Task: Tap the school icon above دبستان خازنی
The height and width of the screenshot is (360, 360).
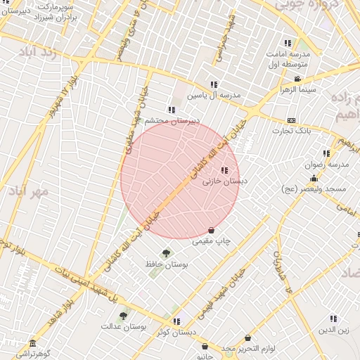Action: (x=224, y=170)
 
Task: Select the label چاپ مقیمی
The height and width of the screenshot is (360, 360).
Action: (x=212, y=241)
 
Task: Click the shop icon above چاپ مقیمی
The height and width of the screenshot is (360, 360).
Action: (x=212, y=231)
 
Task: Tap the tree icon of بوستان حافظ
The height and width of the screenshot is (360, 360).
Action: (x=166, y=253)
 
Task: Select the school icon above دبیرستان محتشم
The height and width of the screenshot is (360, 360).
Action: (x=172, y=109)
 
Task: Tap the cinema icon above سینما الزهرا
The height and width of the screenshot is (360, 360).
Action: (x=298, y=79)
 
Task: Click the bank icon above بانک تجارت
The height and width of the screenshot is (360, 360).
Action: (x=291, y=120)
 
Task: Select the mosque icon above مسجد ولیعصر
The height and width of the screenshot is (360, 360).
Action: (x=314, y=179)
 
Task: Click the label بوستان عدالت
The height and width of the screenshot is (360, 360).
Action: (x=122, y=326)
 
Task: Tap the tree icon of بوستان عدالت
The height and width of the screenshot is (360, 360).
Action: (x=123, y=316)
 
